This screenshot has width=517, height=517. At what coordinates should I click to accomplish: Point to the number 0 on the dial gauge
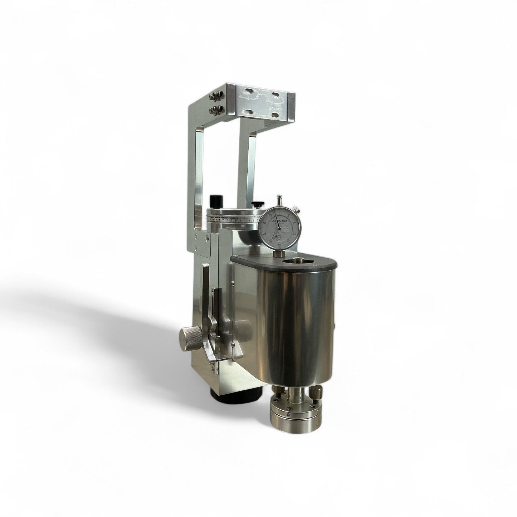pyautogui.click(x=280, y=212)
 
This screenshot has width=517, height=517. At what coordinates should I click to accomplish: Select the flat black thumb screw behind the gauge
pyautogui.click(x=256, y=204)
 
